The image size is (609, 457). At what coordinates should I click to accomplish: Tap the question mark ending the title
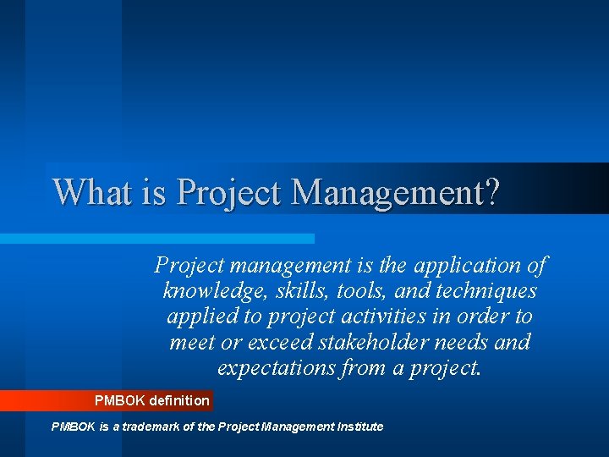492,191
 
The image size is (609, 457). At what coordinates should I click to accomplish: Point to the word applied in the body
202,317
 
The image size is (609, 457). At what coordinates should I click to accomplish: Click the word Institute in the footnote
359,427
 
